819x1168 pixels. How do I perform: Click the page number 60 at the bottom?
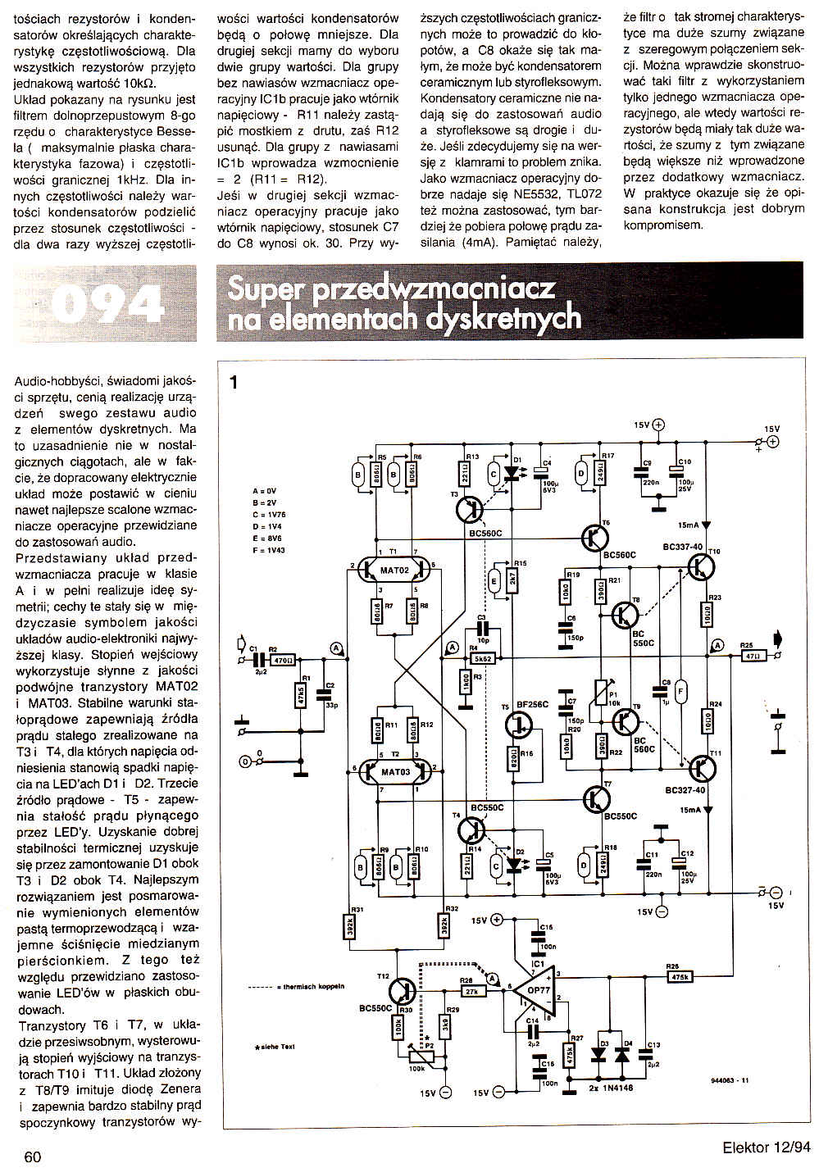[33, 1157]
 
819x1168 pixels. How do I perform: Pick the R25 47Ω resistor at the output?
[748, 656]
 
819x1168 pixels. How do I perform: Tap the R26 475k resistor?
[680, 976]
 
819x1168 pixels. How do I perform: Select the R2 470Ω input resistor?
[281, 659]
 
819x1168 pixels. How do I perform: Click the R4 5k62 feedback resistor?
[482, 658]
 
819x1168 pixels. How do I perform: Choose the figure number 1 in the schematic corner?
[234, 382]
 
